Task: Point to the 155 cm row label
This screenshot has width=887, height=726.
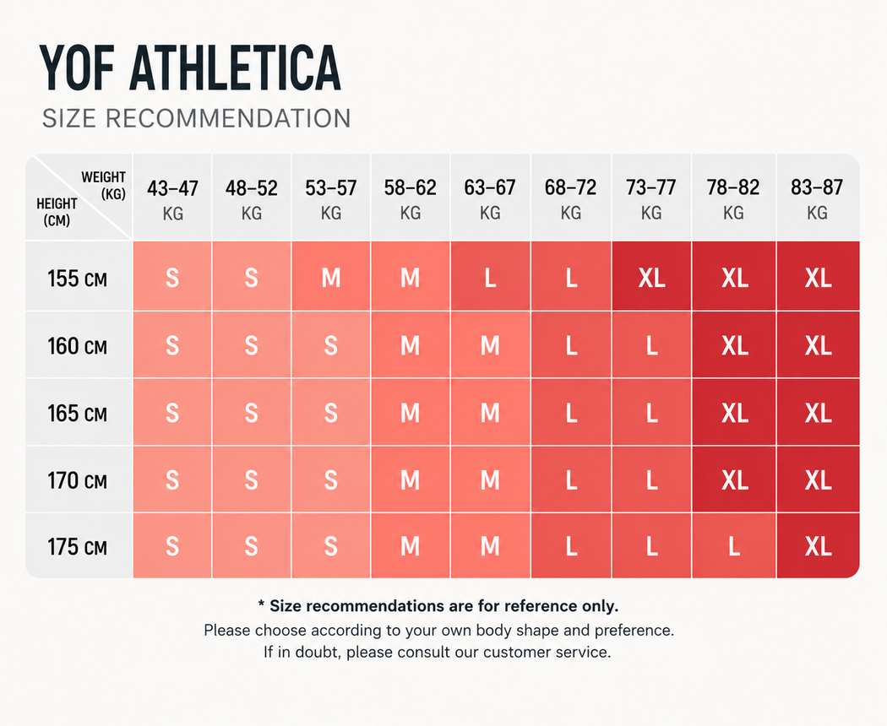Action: (77, 279)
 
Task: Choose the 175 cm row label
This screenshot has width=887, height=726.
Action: (77, 547)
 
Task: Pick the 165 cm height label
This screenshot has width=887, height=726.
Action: (77, 414)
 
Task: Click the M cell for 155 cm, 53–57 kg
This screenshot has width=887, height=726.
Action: (331, 278)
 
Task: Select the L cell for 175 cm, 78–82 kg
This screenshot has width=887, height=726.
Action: (734, 546)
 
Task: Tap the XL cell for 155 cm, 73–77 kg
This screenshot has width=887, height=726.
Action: (651, 278)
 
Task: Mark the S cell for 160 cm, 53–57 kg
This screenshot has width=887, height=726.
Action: (331, 345)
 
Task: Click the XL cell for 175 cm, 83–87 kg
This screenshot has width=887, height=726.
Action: (818, 546)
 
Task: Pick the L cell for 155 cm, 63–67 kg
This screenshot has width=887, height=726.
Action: (491, 278)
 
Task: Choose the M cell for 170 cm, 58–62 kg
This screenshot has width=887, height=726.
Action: (410, 480)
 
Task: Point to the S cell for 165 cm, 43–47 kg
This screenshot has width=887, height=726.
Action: (172, 414)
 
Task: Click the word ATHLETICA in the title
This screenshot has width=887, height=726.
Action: (236, 68)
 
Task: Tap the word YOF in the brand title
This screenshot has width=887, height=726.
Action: (76, 68)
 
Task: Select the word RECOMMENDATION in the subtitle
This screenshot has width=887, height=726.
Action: (228, 119)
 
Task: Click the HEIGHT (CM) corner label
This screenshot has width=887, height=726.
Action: (57, 212)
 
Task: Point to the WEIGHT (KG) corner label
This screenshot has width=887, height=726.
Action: (104, 186)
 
